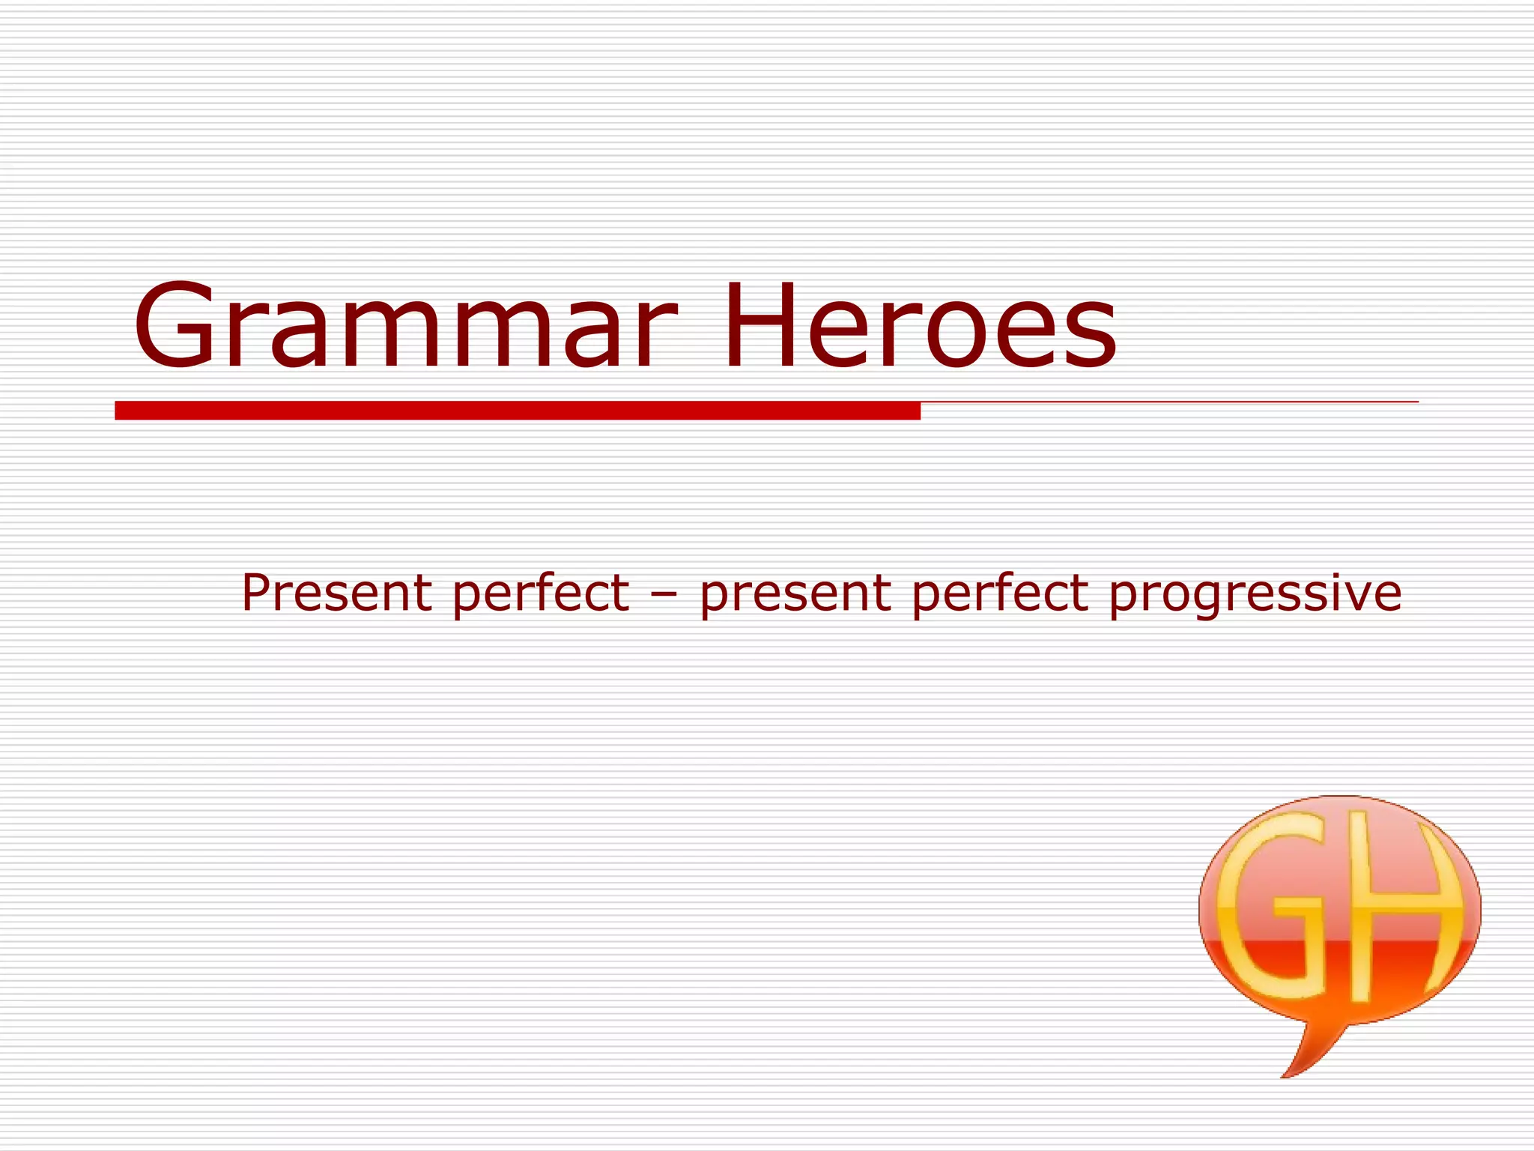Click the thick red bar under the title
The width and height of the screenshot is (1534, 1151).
(x=517, y=411)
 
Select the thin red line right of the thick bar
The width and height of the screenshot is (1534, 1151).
(x=1168, y=402)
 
